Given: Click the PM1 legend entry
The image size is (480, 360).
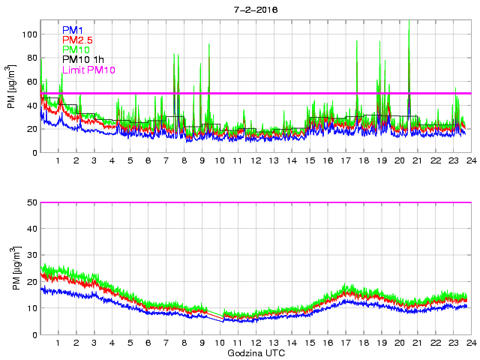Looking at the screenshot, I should pyautogui.click(x=73, y=30).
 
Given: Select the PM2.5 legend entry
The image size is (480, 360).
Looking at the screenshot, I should pyautogui.click(x=78, y=40).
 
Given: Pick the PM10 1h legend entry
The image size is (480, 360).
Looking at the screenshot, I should pyautogui.click(x=83, y=59).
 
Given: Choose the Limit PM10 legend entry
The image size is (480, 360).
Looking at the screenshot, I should pyautogui.click(x=89, y=70).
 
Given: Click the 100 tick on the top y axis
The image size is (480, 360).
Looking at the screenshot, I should pyautogui.click(x=28, y=34).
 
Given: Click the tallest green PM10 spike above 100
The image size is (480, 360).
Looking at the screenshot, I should pyautogui.click(x=409, y=30).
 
